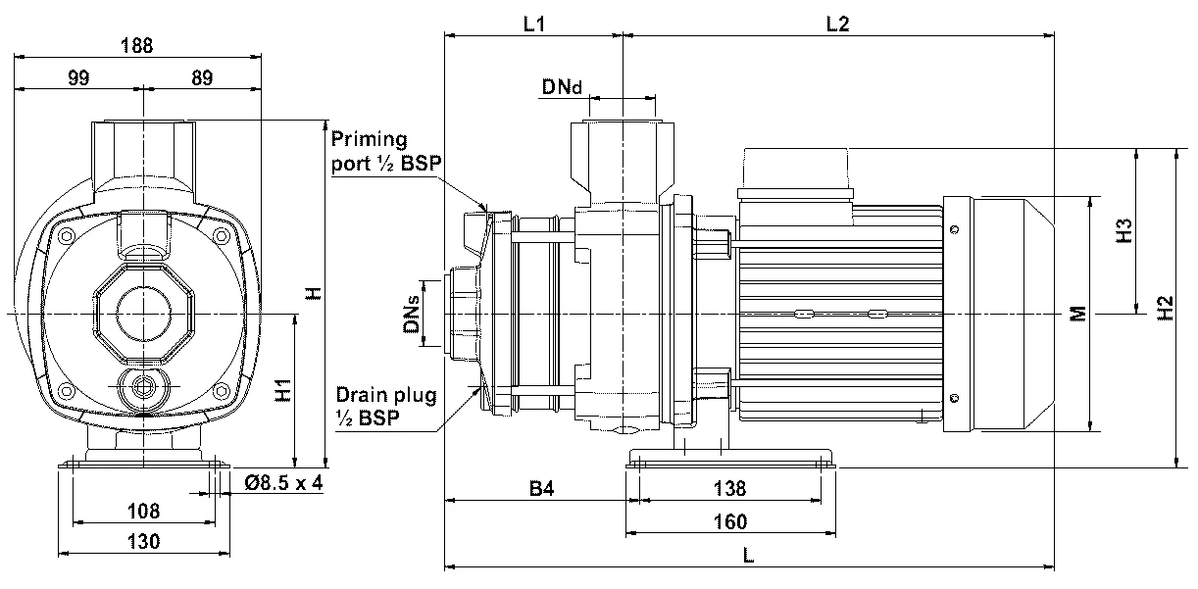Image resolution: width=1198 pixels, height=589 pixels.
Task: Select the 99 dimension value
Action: (x=79, y=79)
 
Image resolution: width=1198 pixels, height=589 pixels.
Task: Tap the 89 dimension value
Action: (x=203, y=79)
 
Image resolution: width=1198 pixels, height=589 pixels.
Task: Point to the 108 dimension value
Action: (x=144, y=511)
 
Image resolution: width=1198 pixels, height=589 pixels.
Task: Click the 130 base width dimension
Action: (x=144, y=541)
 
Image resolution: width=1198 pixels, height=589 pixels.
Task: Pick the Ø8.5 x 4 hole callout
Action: (x=282, y=482)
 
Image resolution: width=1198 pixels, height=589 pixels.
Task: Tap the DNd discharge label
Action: (x=562, y=88)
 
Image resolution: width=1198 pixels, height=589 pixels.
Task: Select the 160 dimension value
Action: (x=730, y=521)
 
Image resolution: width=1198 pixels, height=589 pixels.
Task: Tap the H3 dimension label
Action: (x=1125, y=231)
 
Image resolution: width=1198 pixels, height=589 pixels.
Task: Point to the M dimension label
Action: (x=1077, y=314)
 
